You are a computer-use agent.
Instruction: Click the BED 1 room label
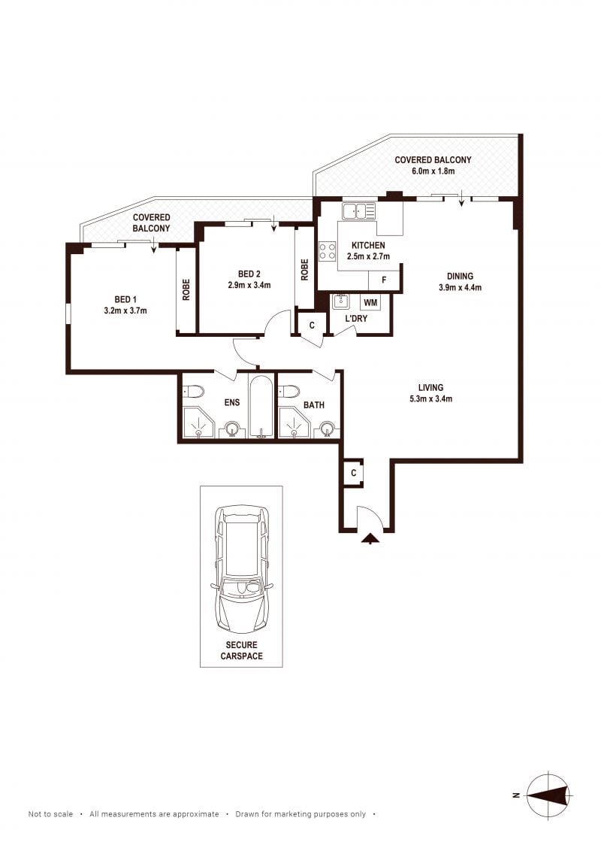125,300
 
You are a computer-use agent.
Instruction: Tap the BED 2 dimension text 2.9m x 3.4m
249,285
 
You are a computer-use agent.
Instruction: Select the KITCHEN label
368,245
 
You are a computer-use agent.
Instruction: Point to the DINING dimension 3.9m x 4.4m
460,288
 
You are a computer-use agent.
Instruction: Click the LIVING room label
430,387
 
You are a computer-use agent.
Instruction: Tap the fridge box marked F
384,280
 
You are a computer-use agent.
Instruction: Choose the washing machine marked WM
370,302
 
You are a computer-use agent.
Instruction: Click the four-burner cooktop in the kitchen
327,251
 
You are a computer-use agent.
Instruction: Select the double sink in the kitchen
358,210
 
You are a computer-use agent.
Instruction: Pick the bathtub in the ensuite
262,406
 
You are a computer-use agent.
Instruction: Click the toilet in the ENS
192,390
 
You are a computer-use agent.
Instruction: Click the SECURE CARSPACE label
241,650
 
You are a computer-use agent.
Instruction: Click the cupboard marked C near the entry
354,474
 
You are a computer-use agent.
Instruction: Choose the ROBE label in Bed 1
186,290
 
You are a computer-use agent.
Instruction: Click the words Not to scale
50,814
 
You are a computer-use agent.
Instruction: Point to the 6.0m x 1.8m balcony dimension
433,171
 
